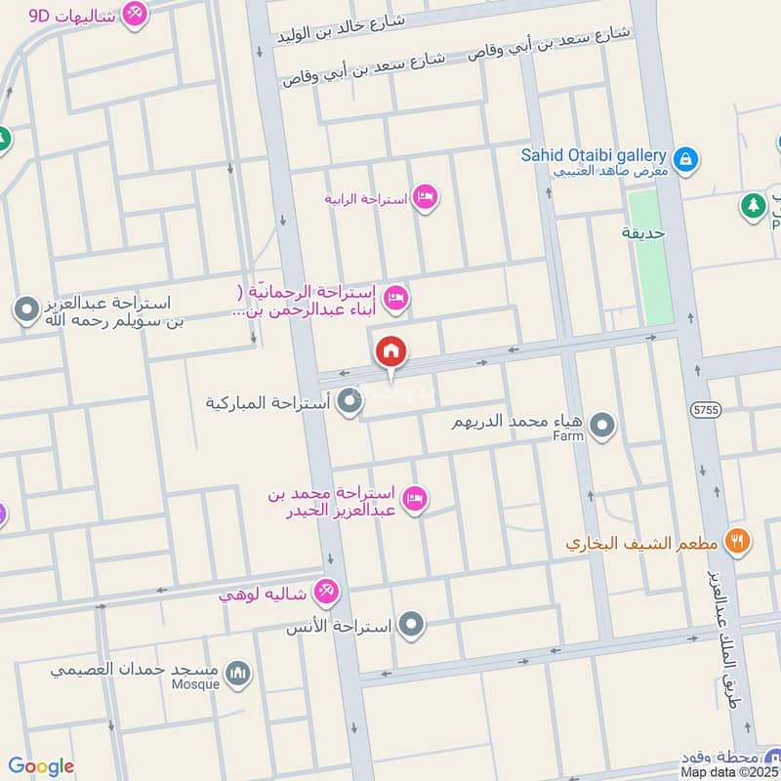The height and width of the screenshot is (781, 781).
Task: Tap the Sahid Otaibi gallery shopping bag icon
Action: [686, 158]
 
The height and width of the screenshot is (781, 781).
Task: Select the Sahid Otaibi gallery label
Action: [593, 155]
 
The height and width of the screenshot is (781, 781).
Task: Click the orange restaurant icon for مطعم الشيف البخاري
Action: [739, 540]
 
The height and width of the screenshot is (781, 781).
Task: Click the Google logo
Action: [41, 766]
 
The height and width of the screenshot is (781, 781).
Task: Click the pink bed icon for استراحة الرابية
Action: [425, 198]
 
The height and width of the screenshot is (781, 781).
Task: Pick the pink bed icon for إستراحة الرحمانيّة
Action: [395, 298]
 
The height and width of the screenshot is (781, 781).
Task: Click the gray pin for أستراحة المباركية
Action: [349, 401]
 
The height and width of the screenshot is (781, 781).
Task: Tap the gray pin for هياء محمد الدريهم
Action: [603, 425]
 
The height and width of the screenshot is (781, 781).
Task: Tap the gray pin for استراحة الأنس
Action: [413, 623]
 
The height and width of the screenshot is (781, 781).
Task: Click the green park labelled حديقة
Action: [650, 259]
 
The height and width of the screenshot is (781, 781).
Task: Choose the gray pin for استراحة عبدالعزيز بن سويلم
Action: [25, 310]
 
